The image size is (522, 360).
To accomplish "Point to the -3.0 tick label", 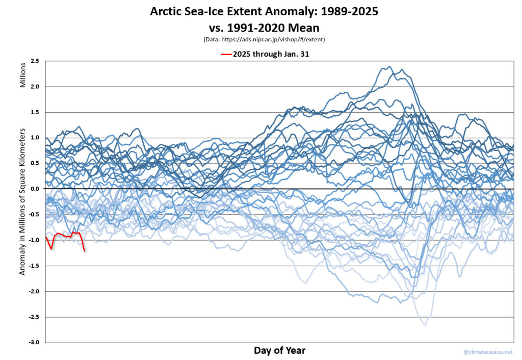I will [35, 343].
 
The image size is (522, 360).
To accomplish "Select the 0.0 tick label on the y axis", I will [36, 189].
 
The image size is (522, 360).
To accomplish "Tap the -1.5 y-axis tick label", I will [35, 266].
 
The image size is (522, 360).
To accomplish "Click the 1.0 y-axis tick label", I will [36, 138].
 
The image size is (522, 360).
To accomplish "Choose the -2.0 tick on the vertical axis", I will [35, 291].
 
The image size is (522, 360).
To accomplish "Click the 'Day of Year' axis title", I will [279, 350].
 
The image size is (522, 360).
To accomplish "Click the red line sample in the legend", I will [226, 54].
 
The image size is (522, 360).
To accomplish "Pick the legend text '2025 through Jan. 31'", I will [271, 54].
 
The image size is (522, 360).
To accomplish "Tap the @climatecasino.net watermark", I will [488, 352].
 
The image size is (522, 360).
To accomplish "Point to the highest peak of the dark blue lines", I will [390, 67].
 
